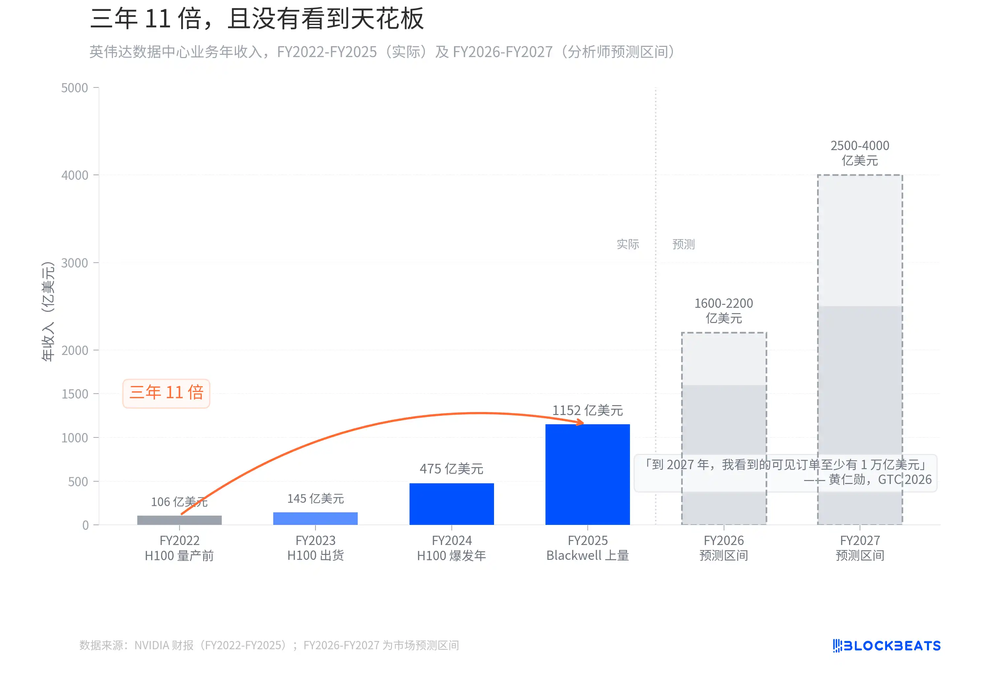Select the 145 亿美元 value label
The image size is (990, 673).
(315, 498)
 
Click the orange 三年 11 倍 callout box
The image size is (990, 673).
(166, 393)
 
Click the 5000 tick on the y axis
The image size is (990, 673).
(75, 88)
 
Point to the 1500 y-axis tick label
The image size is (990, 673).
(75, 394)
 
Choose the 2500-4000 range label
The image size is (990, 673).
(860, 153)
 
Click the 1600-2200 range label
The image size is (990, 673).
(724, 310)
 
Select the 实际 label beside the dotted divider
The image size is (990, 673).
(628, 244)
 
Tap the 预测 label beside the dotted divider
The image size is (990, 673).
(683, 244)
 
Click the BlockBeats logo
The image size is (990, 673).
(886, 646)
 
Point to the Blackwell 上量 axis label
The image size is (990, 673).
(587, 556)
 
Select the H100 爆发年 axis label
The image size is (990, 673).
(451, 556)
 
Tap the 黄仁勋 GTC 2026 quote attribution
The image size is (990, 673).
(869, 480)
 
